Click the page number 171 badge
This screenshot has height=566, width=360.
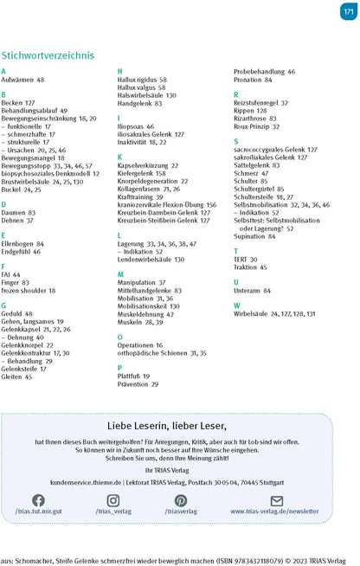(x=347, y=11)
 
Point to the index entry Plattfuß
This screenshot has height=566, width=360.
(x=133, y=376)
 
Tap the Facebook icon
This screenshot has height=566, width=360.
(x=38, y=500)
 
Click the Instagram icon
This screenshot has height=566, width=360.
(x=113, y=500)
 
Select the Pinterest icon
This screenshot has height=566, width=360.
(x=181, y=500)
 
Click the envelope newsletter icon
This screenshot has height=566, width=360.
(x=277, y=500)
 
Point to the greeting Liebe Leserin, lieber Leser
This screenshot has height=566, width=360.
(x=180, y=426)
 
